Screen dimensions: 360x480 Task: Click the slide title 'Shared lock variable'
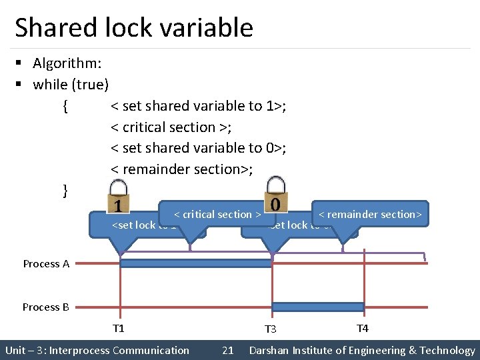pyautogui.click(x=133, y=28)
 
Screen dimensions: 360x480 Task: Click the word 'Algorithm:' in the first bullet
pyautogui.click(x=67, y=63)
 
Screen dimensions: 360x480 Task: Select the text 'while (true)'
pyautogui.click(x=71, y=85)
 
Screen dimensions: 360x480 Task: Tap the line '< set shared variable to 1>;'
pyautogui.click(x=199, y=106)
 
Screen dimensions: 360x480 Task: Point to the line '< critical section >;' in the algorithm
pyautogui.click(x=171, y=127)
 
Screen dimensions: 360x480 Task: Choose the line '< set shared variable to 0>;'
pyautogui.click(x=199, y=148)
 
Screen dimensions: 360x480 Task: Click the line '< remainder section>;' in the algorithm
pyautogui.click(x=181, y=169)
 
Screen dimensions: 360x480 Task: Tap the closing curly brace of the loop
pyautogui.click(x=65, y=191)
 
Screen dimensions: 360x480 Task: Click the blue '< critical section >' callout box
pyautogui.click(x=217, y=214)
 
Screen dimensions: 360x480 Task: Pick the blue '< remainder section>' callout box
pyautogui.click(x=370, y=214)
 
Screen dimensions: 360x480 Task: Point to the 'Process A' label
pyautogui.click(x=46, y=264)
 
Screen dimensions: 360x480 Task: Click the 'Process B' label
pyautogui.click(x=45, y=307)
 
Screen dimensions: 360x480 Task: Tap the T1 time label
pyautogui.click(x=119, y=328)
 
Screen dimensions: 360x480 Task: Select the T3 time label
pyautogui.click(x=270, y=329)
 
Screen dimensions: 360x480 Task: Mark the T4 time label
pyautogui.click(x=363, y=328)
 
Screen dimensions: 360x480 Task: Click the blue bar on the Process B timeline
pyautogui.click(x=318, y=307)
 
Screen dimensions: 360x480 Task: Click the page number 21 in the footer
pyautogui.click(x=227, y=351)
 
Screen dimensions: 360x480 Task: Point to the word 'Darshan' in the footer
pyautogui.click(x=270, y=351)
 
